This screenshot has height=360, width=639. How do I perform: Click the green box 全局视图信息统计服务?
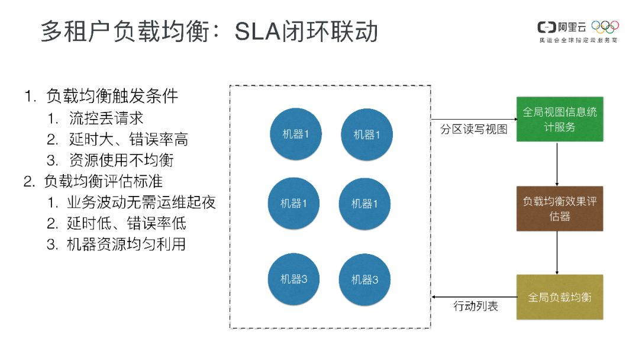[x=560, y=119]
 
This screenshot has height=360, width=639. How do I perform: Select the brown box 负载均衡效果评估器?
[x=560, y=208]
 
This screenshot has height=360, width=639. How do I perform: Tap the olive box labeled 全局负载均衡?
[x=560, y=297]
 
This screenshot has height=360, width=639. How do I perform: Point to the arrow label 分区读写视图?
[x=473, y=130]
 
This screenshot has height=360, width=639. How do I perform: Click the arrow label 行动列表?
[x=476, y=307]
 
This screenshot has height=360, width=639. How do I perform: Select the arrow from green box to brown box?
[x=557, y=163]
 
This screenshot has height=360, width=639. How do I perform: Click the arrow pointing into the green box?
[x=473, y=119]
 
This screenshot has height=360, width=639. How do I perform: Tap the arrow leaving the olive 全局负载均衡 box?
[x=473, y=296]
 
